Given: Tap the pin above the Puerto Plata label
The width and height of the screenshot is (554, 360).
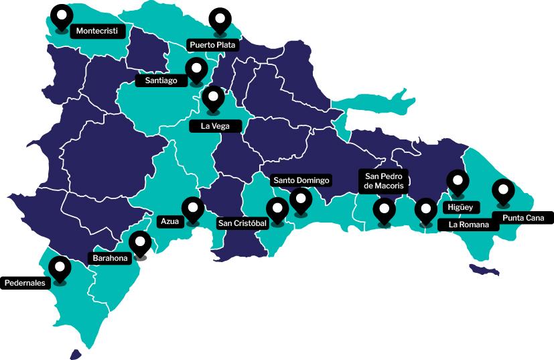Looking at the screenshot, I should (218, 20).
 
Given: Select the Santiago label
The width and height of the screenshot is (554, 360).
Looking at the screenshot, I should (161, 80).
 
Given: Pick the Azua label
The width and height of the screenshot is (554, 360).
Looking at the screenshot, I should (169, 221).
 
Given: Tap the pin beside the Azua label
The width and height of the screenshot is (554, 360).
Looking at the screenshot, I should (193, 209).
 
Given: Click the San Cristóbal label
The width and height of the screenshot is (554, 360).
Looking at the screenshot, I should (243, 223).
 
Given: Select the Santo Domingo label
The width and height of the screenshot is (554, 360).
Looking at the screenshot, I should (301, 180).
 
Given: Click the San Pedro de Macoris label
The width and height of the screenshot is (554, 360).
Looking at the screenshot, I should (385, 180).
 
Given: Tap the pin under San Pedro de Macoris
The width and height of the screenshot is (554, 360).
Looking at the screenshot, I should (384, 211).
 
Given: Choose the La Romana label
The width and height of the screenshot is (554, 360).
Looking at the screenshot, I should (468, 225).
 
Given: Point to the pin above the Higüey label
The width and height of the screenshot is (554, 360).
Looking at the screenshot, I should (458, 182).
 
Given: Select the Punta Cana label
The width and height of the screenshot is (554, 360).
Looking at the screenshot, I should (523, 217).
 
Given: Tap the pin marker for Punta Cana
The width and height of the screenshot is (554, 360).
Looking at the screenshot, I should (502, 191).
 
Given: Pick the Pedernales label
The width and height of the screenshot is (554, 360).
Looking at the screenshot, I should (25, 283).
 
